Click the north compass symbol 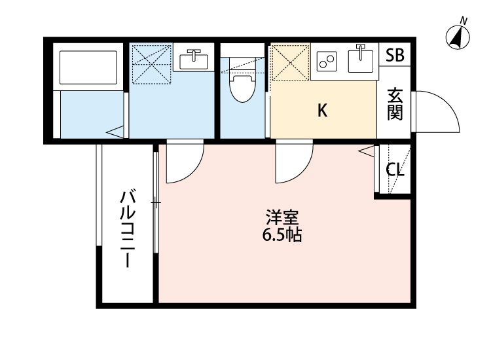pyautogui.click(x=458, y=37)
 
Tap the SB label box pyautogui.click(x=394, y=56)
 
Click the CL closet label pyautogui.click(x=394, y=170)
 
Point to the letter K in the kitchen pyautogui.click(x=322, y=111)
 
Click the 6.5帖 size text pyautogui.click(x=282, y=236)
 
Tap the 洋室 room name pyautogui.click(x=282, y=217)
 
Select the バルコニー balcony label pyautogui.click(x=128, y=228)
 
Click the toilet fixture pyautogui.click(x=242, y=86)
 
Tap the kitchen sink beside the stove pyautogui.click(x=359, y=60)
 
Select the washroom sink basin pyautogui.click(x=192, y=60)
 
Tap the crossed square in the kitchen pyautogui.click(x=289, y=63)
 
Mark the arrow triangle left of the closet pyautogui.click(x=366, y=153)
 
